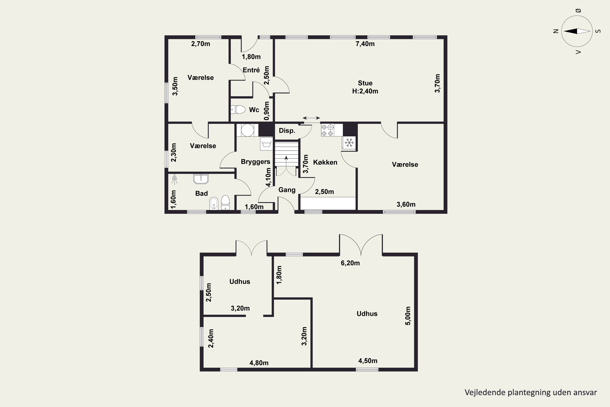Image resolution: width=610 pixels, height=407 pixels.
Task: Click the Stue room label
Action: [x=365, y=83]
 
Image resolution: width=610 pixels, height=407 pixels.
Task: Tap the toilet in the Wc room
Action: [x=238, y=109]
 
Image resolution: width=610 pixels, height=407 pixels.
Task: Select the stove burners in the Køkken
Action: [x=327, y=130]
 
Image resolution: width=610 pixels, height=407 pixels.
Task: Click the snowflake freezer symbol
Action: [x=349, y=142]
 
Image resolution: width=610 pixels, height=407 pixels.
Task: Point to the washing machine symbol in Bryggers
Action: [x=266, y=144]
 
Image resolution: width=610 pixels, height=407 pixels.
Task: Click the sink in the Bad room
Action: [x=201, y=179]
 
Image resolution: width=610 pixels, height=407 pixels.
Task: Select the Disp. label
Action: [x=287, y=131]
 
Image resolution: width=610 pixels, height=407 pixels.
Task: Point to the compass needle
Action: [x=577, y=31]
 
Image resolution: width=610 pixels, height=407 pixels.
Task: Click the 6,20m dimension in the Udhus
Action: [x=350, y=263]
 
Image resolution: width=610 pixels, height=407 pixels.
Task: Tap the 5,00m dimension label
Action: [x=408, y=316]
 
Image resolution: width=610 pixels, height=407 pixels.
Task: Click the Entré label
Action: [x=251, y=70]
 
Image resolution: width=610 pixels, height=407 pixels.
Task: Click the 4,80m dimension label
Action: [x=259, y=363]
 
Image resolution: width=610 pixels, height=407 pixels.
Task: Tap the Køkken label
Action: [x=325, y=162]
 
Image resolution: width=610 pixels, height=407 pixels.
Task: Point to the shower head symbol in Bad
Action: [x=174, y=179]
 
